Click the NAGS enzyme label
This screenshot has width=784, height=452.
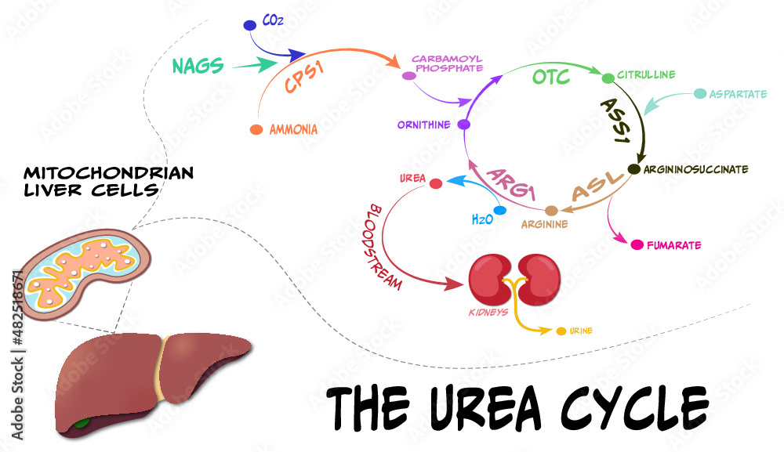tap(198, 66)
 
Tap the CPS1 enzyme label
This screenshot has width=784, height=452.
tap(306, 77)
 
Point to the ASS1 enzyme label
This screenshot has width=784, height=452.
tap(616, 121)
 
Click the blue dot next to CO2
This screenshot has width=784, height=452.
tap(250, 26)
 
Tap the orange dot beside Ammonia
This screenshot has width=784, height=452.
tap(256, 129)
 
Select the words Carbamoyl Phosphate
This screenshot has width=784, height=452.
tap(447, 63)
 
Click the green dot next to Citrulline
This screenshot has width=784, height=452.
tap(608, 78)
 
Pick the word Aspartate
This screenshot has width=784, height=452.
tap(738, 94)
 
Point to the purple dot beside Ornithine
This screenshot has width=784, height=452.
tap(463, 125)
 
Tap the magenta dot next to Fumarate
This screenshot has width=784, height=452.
tap(637, 245)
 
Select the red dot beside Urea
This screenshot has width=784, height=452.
tap(437, 183)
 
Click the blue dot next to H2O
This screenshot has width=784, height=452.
tap(501, 210)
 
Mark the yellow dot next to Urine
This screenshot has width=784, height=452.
tap(561, 331)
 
